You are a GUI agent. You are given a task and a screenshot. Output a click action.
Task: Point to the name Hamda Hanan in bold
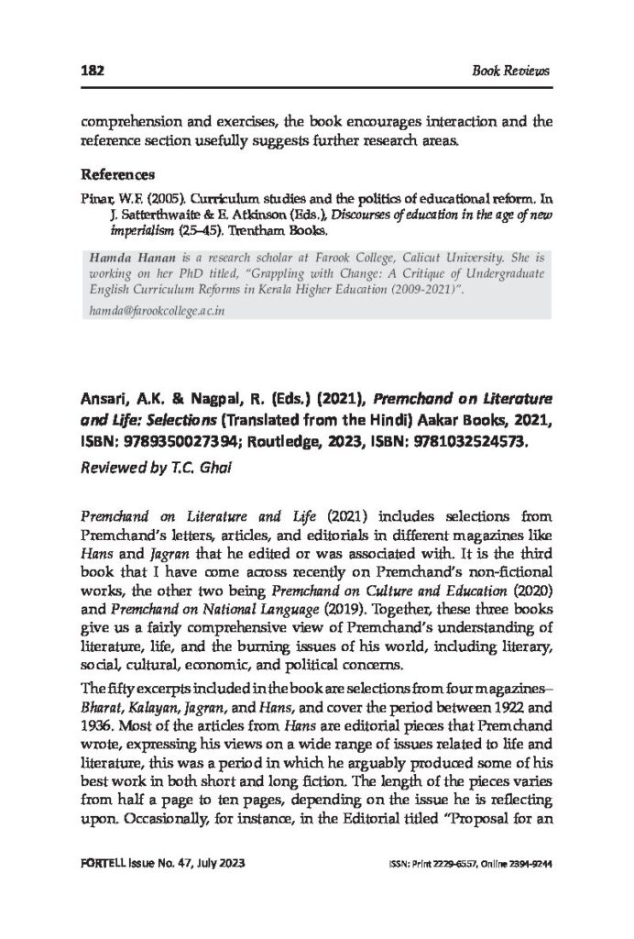pos(126,258)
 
